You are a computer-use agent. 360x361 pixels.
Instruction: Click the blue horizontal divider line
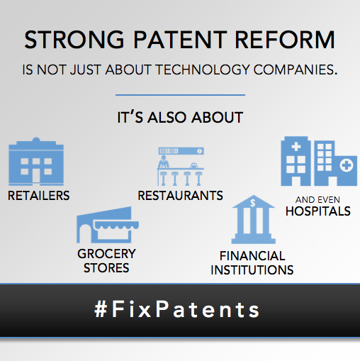180,94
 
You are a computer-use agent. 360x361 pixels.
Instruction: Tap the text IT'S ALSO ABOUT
180,118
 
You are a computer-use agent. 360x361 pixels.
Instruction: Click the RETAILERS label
39,196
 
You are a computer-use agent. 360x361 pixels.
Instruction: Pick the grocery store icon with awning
107,226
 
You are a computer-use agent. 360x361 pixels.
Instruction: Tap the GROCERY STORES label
107,260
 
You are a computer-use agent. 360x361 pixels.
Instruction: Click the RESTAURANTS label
181,195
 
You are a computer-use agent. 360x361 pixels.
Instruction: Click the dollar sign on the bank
253,203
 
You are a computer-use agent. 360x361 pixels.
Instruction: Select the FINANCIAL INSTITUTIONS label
252,262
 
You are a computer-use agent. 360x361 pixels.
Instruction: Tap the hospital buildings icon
316,162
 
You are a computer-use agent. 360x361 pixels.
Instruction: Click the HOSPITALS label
317,211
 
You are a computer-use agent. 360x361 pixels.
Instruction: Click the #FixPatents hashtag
177,309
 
